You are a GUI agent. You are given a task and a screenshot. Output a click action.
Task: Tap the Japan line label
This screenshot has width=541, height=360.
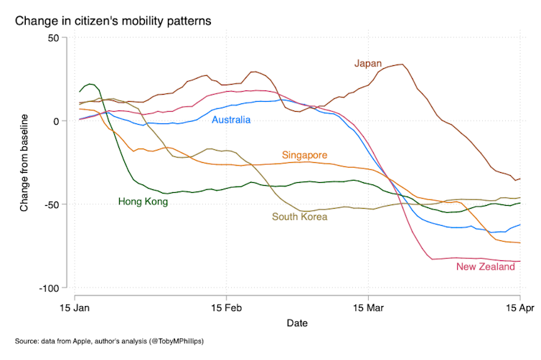coord(368,63)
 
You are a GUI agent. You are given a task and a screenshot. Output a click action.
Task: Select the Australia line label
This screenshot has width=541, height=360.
coord(231,120)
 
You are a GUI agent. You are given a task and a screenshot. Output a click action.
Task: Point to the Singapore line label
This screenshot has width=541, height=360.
coord(305,155)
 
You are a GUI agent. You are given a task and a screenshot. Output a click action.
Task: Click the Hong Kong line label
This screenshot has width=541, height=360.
coord(143,202)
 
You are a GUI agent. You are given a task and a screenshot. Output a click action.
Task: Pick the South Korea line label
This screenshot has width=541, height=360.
coord(299,217)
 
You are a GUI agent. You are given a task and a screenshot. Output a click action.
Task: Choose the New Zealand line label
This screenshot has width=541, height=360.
coord(486,267)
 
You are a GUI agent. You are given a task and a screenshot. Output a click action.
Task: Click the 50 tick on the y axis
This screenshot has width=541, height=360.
coord(53,37)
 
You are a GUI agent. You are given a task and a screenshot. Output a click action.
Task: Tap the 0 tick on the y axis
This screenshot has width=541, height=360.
coord(57,120)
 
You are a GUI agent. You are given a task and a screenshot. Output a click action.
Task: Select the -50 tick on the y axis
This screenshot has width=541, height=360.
coord(51,204)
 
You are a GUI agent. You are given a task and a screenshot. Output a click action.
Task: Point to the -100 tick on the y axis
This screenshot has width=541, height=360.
coord(49,288)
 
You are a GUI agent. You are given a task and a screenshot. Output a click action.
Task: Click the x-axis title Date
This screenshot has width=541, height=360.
coord(297,323)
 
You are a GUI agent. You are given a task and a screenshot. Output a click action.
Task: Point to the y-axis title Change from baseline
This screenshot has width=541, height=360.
coord(24,162)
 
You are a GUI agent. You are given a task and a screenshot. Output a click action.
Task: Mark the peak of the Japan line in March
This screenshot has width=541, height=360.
coord(403,65)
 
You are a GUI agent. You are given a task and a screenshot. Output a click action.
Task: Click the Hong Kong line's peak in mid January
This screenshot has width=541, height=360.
coord(90,84)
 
